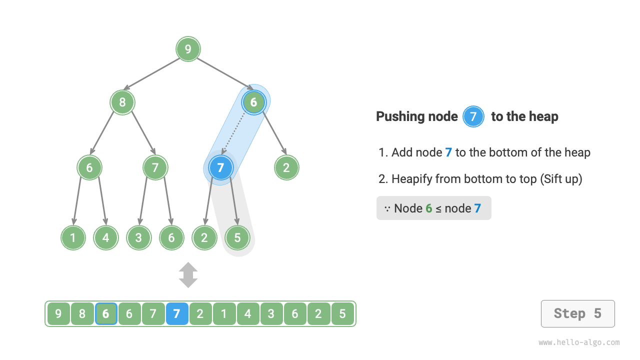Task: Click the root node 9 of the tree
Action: (188, 49)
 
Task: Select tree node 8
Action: (122, 102)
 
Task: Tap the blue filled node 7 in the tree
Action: (220, 167)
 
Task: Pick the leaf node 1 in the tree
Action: (73, 237)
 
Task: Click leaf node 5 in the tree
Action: (237, 237)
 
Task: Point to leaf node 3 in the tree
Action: (138, 237)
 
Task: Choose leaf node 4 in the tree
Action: (105, 237)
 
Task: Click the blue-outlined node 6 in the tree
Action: (253, 102)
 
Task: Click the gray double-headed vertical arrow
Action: (188, 275)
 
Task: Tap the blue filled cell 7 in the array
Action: (176, 314)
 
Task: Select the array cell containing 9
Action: (58, 314)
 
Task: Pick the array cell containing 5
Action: (342, 314)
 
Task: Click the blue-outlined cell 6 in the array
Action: (106, 314)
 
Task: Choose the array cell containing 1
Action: (224, 314)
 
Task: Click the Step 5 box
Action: (577, 314)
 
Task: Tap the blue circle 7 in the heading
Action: (473, 117)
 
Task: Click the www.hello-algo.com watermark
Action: (579, 343)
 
